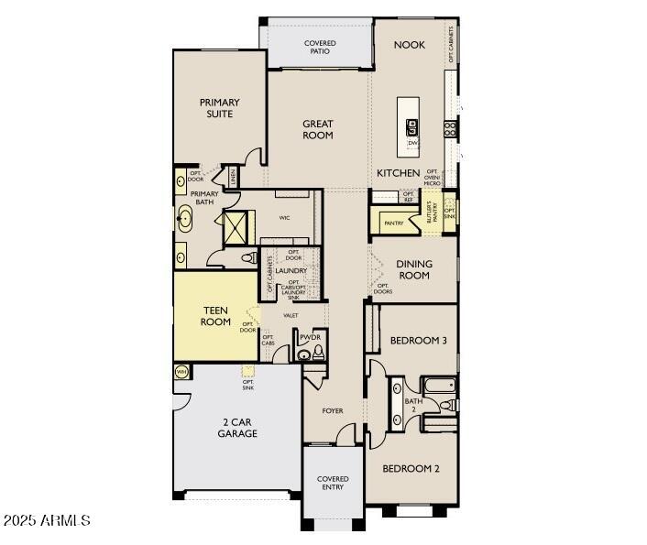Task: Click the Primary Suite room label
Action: click(x=219, y=108)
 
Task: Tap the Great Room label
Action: click(x=318, y=129)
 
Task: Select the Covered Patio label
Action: click(x=319, y=48)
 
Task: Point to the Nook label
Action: click(x=409, y=45)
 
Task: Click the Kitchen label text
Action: click(x=399, y=173)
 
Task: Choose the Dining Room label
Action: click(x=413, y=269)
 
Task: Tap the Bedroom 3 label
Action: click(x=418, y=341)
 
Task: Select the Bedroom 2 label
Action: click(x=411, y=468)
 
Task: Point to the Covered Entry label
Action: click(x=333, y=483)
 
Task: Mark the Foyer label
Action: click(x=333, y=410)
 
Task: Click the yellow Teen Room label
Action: click(x=215, y=316)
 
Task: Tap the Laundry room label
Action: click(x=290, y=271)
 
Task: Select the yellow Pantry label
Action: click(x=394, y=223)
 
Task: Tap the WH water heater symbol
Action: click(x=181, y=372)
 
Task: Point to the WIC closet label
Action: click(x=285, y=218)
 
